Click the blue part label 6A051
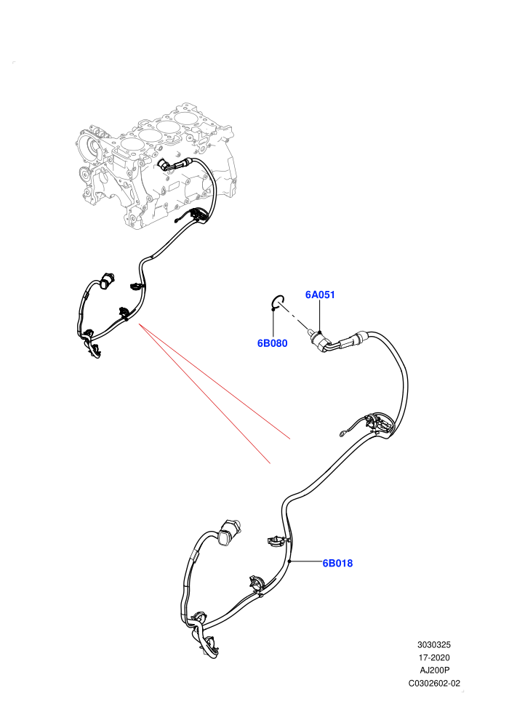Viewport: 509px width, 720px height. coord(320,295)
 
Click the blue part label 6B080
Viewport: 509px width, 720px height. coord(272,343)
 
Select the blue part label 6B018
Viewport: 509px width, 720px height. coord(337,563)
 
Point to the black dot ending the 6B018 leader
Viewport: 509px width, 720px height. coord(289,561)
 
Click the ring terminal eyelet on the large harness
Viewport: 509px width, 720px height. coord(342,433)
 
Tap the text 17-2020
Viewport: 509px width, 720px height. coord(434,657)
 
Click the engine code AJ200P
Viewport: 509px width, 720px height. coord(434,671)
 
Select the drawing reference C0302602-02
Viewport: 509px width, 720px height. coord(434,683)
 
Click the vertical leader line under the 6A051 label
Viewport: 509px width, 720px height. coord(320,316)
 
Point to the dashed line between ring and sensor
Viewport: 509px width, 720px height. coord(295,317)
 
